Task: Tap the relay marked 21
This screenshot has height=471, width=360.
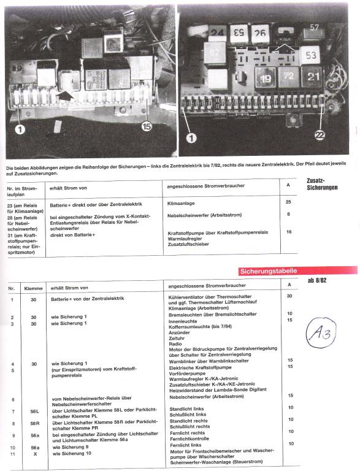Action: (x=313, y=76)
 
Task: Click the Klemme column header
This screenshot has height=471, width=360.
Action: (x=33, y=287)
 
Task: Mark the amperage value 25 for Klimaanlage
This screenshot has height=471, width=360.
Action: (x=289, y=201)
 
